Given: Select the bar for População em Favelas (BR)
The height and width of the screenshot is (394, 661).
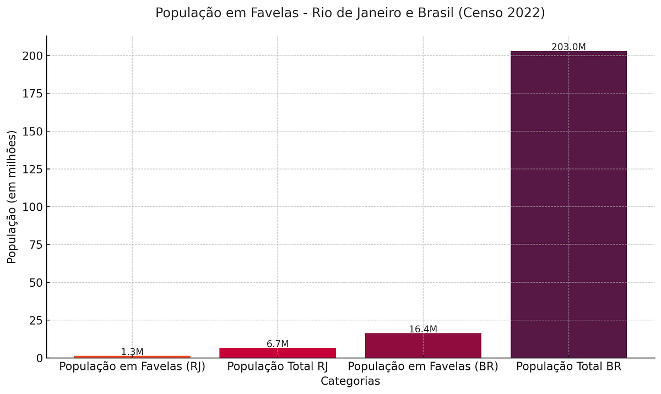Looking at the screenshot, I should coord(423,346).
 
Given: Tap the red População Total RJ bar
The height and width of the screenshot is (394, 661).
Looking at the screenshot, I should coord(278,353).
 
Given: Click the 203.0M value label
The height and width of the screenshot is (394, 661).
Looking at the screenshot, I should coord(568,47).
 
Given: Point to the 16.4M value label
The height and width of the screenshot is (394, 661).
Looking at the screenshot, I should coord(423,329).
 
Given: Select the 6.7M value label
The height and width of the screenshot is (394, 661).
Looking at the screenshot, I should coord(278,344).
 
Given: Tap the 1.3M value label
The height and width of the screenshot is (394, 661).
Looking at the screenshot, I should coord(132,352).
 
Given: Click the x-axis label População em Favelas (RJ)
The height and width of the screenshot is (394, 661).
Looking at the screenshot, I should coord(132,366).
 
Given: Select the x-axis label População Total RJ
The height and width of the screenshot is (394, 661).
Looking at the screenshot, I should coord(278,366).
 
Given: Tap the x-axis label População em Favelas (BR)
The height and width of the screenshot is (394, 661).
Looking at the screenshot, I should coord(423,366).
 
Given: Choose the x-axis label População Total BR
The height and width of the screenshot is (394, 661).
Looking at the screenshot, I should coord(568,366).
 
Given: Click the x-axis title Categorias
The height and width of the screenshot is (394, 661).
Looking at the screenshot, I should coord(350,381).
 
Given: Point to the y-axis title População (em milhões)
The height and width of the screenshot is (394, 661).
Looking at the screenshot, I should coord(12,197).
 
